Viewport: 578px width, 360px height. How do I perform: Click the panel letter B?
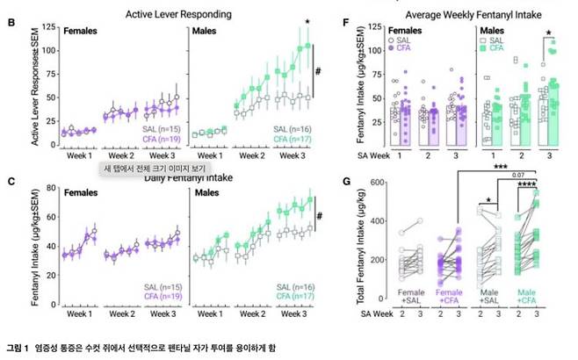11,17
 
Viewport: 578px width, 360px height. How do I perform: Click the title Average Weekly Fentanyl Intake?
465,14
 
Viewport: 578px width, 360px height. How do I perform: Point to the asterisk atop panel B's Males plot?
307,22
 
